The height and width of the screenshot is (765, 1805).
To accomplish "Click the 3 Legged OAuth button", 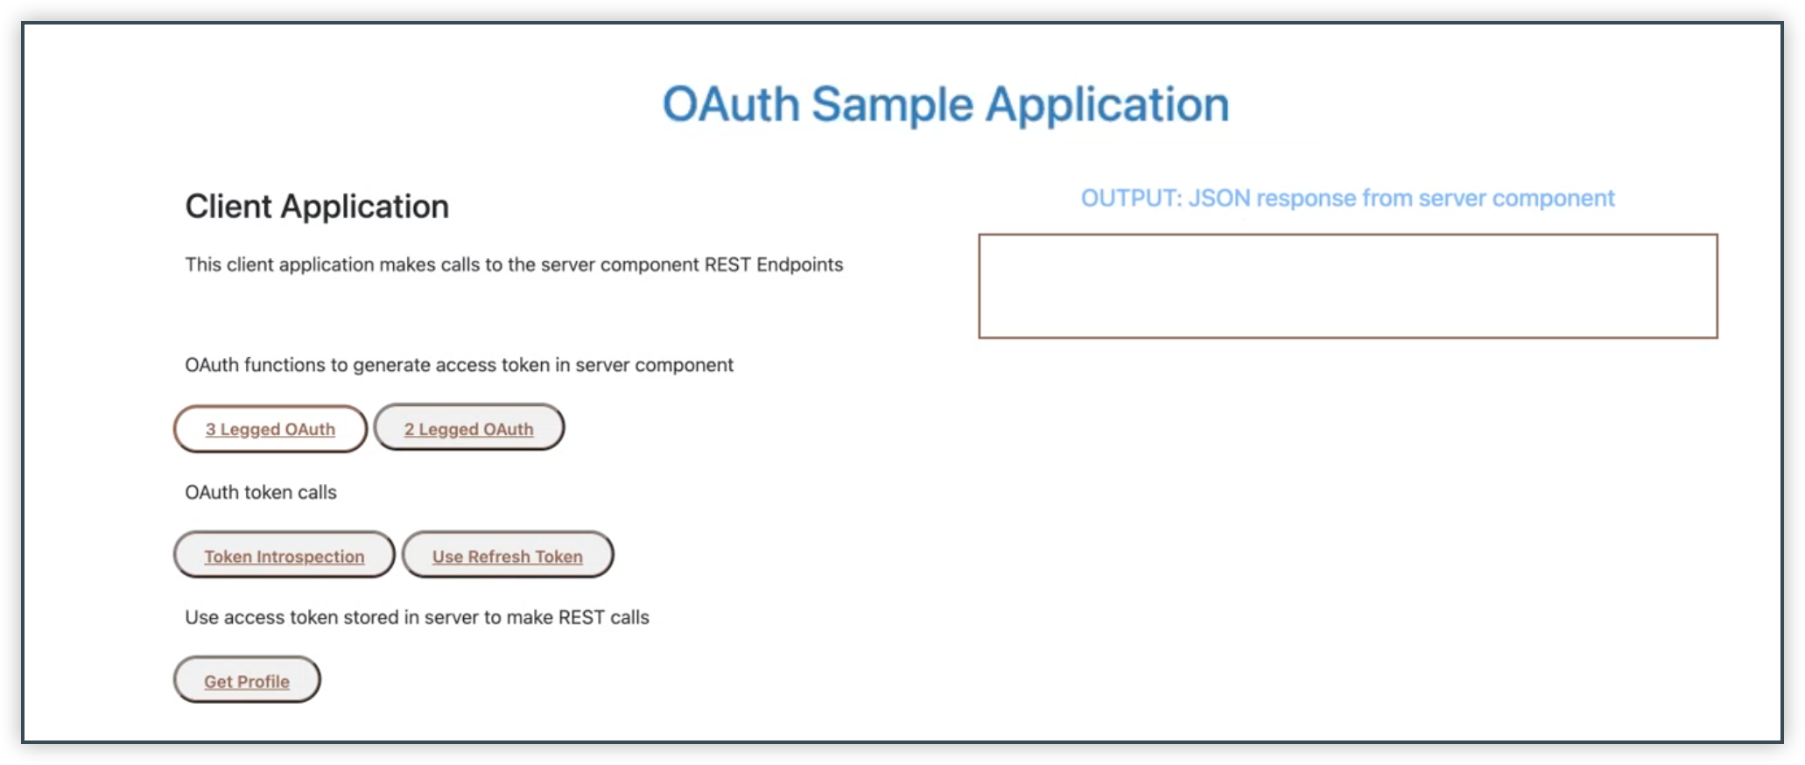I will (x=270, y=429).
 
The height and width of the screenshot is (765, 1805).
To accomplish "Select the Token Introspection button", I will (x=284, y=556).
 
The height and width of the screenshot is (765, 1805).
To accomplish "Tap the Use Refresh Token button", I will (x=507, y=556).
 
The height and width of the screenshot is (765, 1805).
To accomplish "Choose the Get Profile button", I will (x=247, y=681).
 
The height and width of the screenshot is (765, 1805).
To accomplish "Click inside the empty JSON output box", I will (x=1347, y=286).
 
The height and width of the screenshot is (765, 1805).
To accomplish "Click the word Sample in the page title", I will (x=891, y=105).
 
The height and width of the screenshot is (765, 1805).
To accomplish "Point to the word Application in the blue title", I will (x=1107, y=105).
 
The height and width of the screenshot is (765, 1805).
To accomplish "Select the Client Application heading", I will (x=317, y=207).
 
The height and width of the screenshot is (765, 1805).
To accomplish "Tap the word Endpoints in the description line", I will (x=799, y=265).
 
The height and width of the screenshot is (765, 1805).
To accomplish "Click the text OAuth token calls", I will (x=261, y=493).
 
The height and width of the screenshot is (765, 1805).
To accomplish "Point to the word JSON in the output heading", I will (x=1219, y=199).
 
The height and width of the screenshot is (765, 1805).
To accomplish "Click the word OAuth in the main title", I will (x=730, y=105).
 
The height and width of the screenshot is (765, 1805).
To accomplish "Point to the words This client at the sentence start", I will (x=228, y=265).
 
